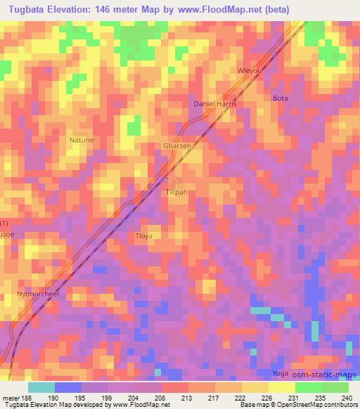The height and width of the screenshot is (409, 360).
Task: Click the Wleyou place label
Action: (252, 72)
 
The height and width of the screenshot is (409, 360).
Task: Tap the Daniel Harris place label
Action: (215, 104)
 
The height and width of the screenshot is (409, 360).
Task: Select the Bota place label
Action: (281, 98)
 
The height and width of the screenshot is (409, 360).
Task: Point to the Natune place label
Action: (81, 140)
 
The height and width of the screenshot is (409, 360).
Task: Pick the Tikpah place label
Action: (177, 192)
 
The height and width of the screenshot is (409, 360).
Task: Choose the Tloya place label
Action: (143, 236)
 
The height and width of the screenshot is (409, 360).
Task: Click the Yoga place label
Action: (281, 373)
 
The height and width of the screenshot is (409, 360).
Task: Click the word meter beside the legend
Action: (11, 397)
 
